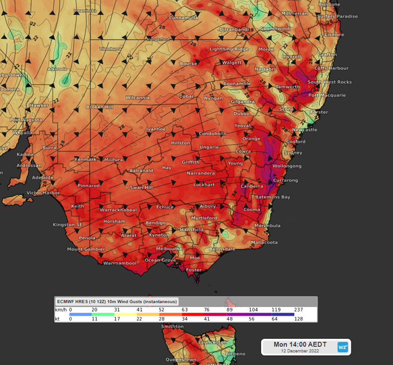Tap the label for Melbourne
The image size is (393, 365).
pyautogui.click(x=169, y=249)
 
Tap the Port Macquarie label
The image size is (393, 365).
pyautogui.click(x=327, y=95)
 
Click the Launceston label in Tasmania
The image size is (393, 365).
pyautogui.click(x=212, y=342)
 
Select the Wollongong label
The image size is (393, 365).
pyautogui.click(x=287, y=166)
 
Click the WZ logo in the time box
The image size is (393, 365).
pyautogui.click(x=342, y=347)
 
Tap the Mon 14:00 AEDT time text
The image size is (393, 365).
pyautogui.click(x=300, y=345)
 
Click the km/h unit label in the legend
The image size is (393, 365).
pyautogui.click(x=61, y=310)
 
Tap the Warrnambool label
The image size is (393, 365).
pyautogui.click(x=120, y=263)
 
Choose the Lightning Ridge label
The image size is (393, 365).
pyautogui.click(x=229, y=49)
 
